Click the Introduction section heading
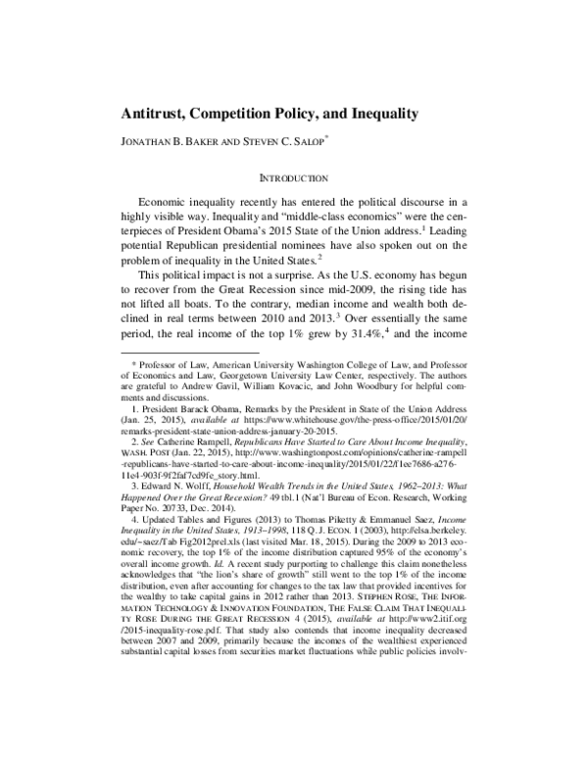pos(293,178)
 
